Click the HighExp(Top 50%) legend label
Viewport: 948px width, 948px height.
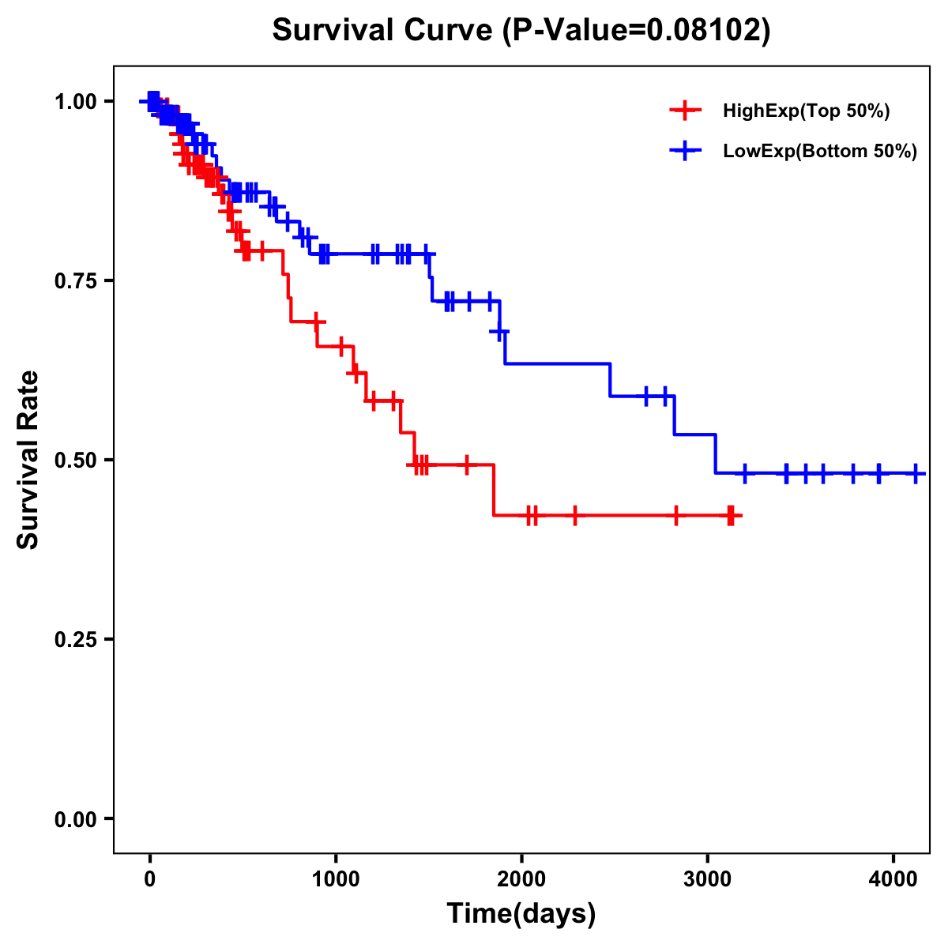pos(807,111)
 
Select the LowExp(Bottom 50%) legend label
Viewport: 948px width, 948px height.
pos(820,152)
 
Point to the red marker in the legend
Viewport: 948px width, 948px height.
pos(685,111)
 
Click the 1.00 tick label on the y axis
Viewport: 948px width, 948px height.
pos(75,101)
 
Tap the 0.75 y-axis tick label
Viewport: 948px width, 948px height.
pos(75,280)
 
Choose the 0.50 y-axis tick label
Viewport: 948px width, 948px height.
pos(75,460)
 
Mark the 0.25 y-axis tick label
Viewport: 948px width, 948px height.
pos(75,639)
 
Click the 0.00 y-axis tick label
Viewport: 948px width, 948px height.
pos(75,818)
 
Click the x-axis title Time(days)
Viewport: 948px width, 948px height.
pos(521,914)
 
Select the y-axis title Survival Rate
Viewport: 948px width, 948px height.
pos(28,460)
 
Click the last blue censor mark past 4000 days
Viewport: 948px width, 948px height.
pos(915,473)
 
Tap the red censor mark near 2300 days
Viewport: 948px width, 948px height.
pos(574,515)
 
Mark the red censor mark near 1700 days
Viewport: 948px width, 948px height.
pos(467,465)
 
